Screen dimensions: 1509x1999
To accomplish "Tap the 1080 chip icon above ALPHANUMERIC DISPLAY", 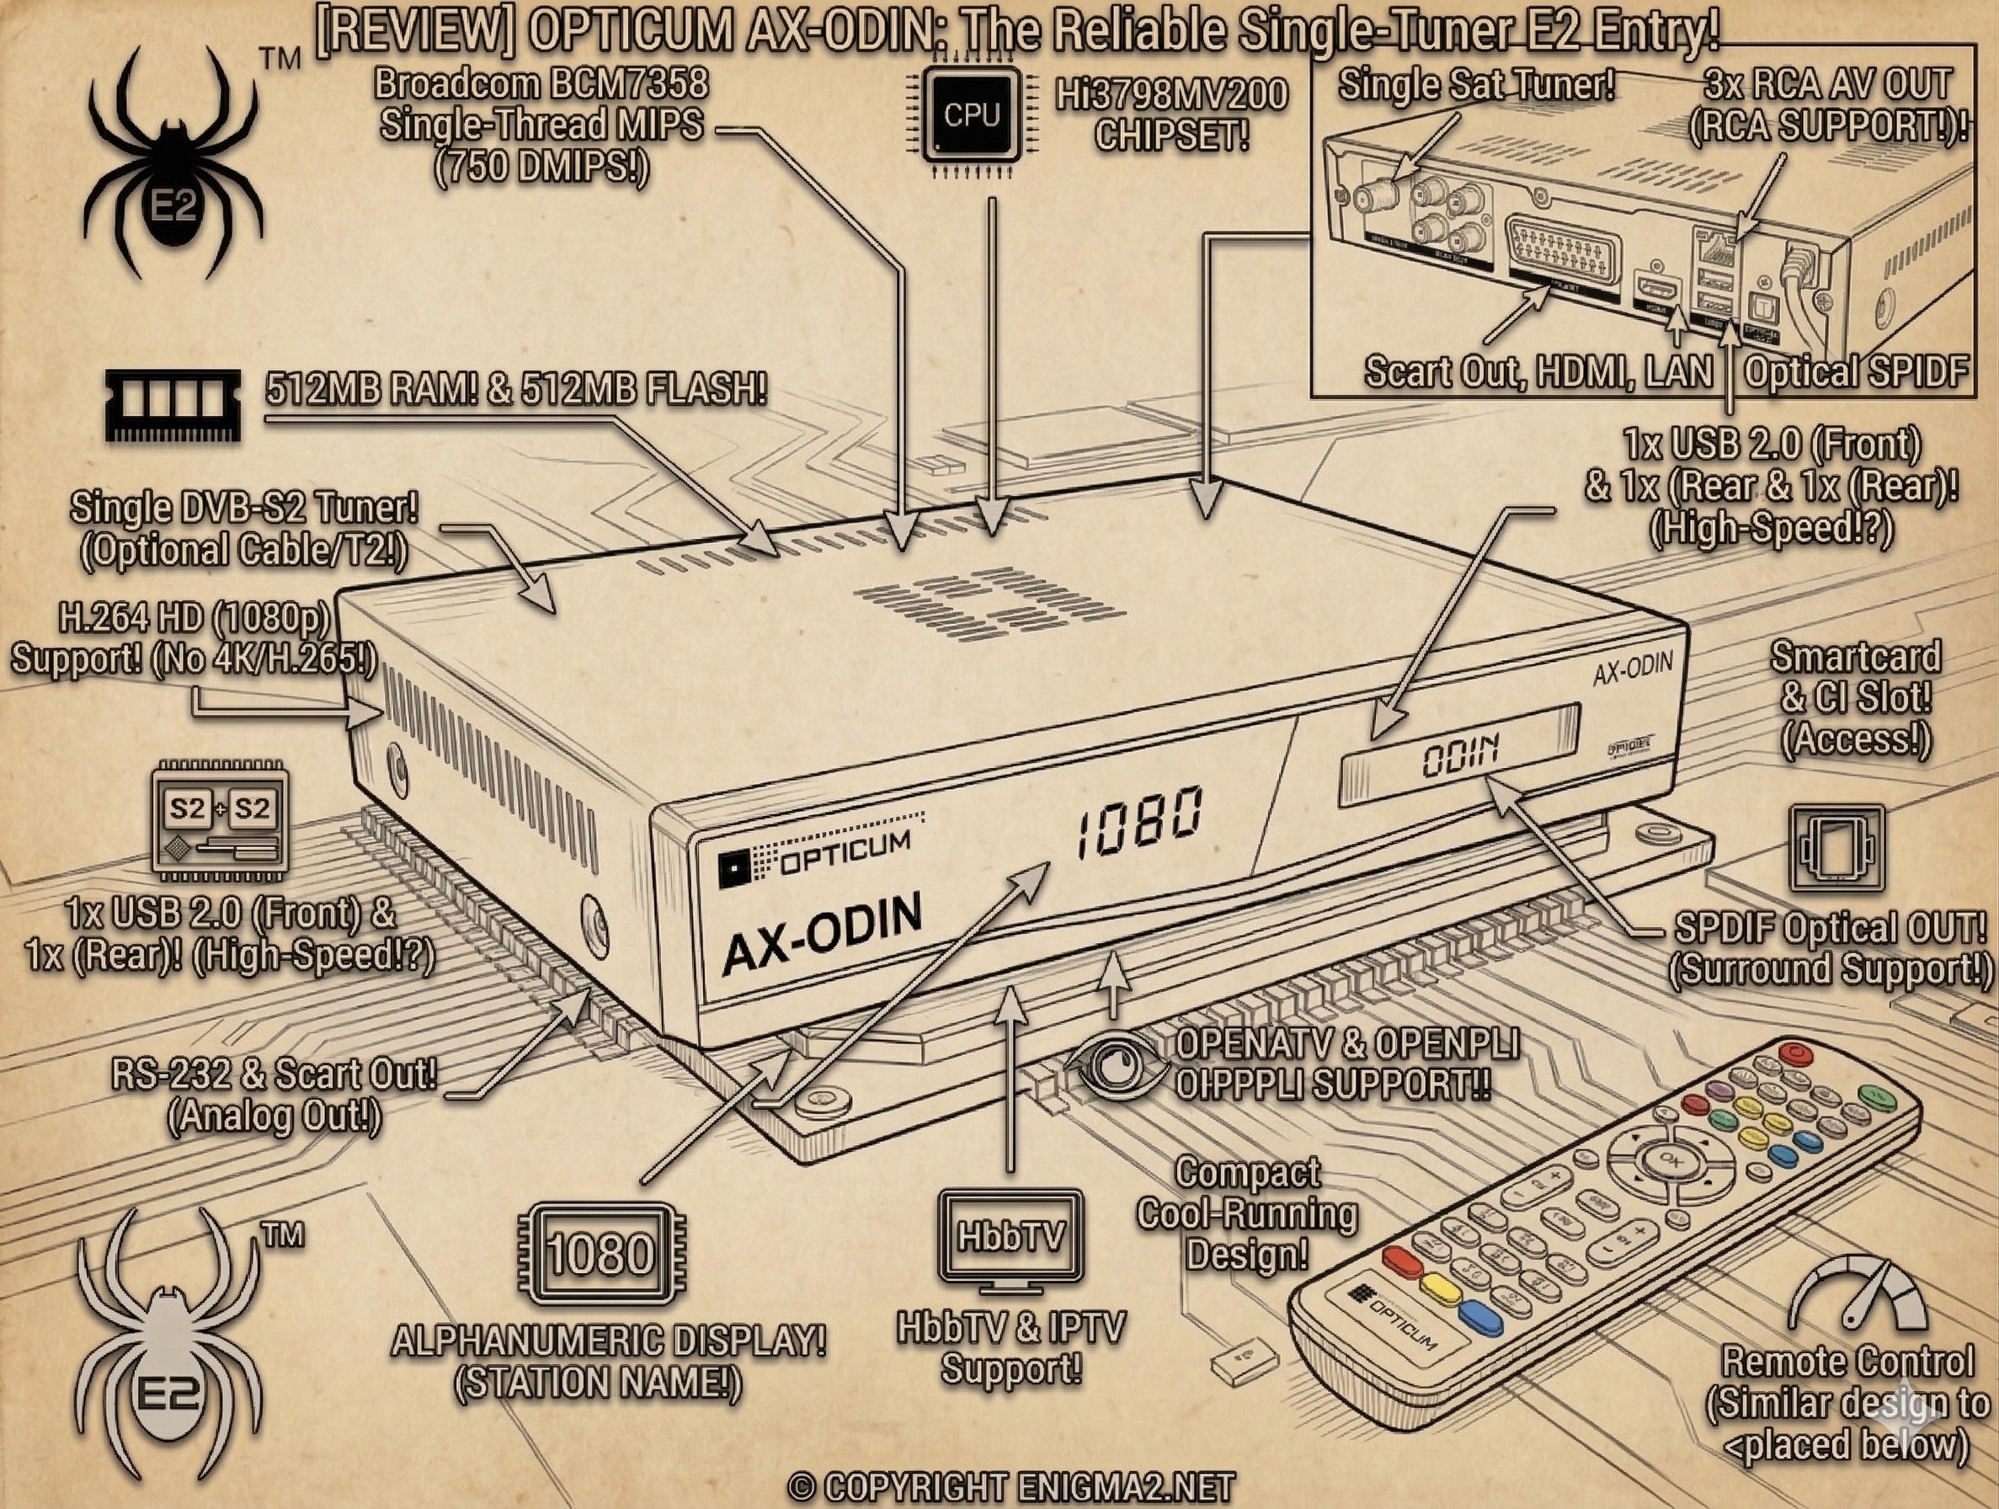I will [601, 1253].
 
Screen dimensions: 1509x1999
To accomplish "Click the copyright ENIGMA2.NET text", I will [1010, 1487].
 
